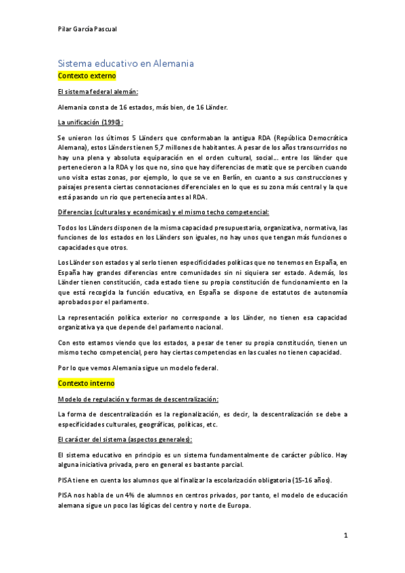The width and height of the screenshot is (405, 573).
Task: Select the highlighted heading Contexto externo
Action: (87, 76)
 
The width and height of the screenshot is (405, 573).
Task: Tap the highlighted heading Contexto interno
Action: (87, 383)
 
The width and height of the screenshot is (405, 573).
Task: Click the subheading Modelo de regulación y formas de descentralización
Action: (137, 399)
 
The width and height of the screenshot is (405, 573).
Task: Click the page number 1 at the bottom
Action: (345, 536)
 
